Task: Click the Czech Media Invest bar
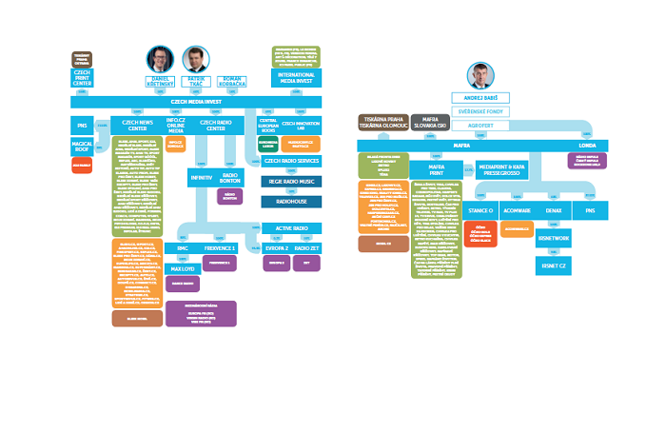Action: point(197,101)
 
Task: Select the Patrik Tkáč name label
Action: point(196,81)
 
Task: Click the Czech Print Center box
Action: point(83,77)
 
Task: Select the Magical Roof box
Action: point(82,147)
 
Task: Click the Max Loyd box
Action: point(184,269)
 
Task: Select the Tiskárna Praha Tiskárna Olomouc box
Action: point(382,121)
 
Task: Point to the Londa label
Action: point(587,145)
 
